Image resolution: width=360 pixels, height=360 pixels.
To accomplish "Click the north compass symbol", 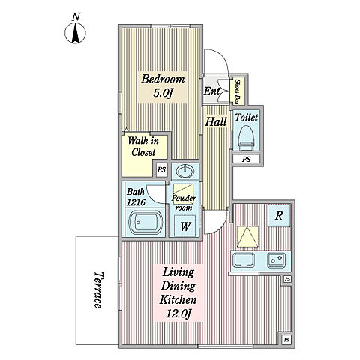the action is tap(75, 30).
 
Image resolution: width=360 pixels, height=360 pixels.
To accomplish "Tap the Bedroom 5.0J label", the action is tap(163, 85).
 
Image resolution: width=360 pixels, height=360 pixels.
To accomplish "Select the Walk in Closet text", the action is tap(143, 146).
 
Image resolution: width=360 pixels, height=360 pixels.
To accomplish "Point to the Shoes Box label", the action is tap(238, 91).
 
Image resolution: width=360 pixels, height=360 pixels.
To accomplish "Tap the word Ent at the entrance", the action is tap(211, 91).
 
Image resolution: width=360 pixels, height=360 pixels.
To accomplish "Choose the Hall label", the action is tap(216, 121).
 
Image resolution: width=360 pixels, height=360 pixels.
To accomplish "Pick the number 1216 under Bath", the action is tap(136, 202).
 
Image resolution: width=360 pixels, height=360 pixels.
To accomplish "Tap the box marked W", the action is tap(185, 226).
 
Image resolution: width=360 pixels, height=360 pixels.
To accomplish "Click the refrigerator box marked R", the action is tap(279, 215).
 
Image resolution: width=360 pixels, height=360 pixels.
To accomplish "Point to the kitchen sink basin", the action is tap(244, 260).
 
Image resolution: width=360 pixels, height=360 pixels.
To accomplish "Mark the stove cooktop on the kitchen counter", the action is tap(277, 260).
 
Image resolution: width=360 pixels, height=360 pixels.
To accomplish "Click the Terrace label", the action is tap(98, 289).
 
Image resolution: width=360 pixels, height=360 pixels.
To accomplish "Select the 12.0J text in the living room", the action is tap(178, 313).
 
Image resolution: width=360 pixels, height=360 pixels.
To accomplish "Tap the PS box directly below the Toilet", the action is tap(247, 159).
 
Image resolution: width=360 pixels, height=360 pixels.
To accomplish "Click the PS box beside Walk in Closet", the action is tap(161, 170).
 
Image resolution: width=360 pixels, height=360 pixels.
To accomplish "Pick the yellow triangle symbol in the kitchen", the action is tap(247, 237).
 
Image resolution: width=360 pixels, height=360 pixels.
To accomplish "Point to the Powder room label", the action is tap(184, 202).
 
